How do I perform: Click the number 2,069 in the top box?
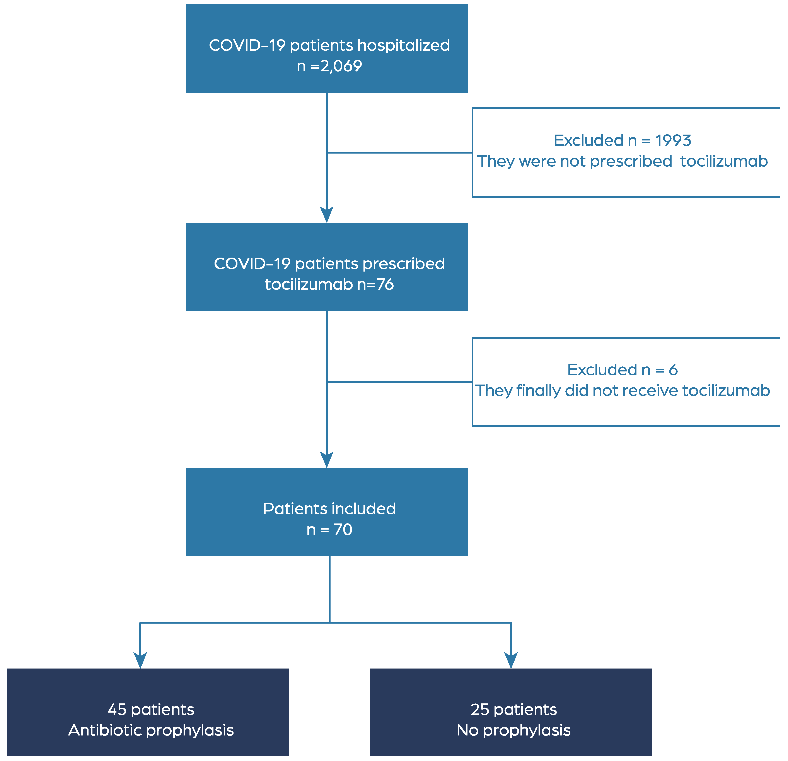(341, 66)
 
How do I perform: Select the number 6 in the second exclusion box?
(673, 370)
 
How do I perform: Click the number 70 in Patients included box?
(343, 529)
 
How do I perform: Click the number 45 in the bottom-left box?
(117, 709)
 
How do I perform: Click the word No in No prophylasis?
(467, 730)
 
